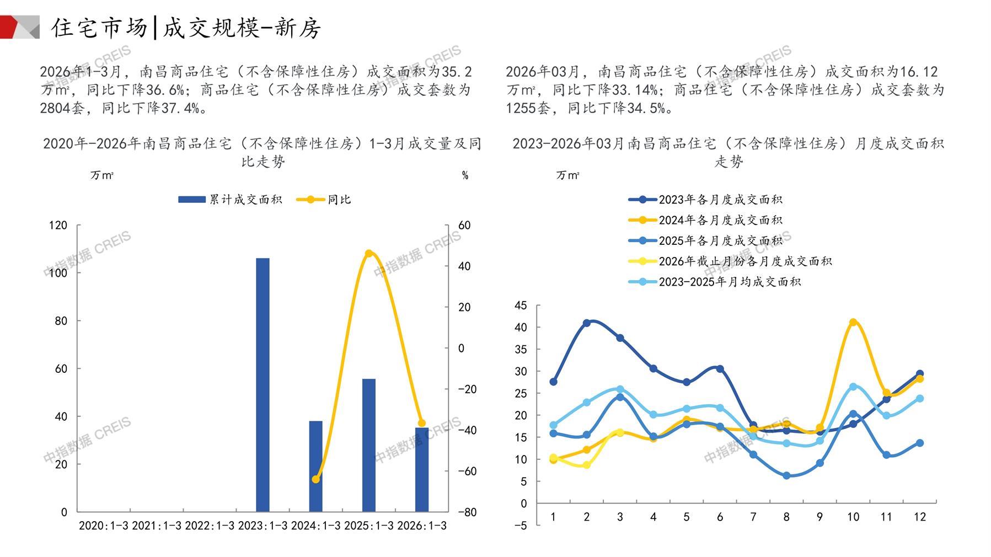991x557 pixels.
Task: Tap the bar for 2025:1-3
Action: pos(368,445)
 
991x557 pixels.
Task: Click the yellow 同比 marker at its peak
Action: pos(368,254)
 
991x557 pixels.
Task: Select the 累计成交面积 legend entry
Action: pos(231,200)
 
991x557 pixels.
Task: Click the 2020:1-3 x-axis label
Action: pos(103,526)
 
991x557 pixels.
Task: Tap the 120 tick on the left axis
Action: pos(58,225)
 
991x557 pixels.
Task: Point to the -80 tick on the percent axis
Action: pos(467,512)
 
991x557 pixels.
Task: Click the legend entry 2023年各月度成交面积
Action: pos(706,200)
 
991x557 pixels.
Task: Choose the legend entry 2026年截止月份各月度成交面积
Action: pos(730,261)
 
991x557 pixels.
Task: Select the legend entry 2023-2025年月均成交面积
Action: pos(715,282)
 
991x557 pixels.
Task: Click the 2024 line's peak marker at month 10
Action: pos(853,322)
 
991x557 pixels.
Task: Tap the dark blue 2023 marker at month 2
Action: pos(587,323)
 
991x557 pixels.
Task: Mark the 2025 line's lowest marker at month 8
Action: pos(786,475)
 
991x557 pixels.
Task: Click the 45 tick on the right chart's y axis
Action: pos(521,306)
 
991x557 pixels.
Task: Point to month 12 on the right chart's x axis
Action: pos(919,517)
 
